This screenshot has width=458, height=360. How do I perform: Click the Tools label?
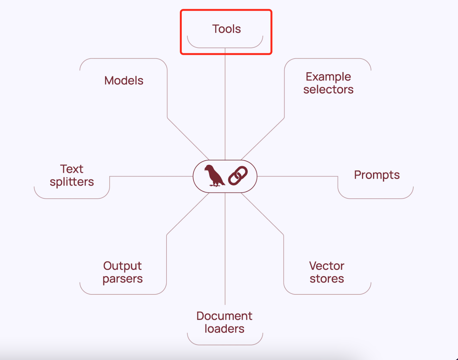[226, 29]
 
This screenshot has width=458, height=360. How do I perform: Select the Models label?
[124, 80]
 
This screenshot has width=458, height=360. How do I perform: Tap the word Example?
[328, 77]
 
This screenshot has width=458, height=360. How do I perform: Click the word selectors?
[328, 90]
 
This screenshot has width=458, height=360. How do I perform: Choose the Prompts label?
[377, 175]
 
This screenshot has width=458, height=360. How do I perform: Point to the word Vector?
[327, 266]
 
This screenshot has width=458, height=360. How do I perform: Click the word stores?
[327, 279]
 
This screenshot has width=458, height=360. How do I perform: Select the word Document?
[224, 316]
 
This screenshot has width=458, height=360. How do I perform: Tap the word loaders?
[224, 329]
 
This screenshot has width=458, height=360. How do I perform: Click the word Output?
[122, 266]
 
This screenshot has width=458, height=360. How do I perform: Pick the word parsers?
[122, 279]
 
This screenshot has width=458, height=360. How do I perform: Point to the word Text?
[72, 169]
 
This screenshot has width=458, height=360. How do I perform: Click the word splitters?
[72, 182]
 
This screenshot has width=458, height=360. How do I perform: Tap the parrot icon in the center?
[214, 176]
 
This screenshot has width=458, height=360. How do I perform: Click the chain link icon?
[238, 176]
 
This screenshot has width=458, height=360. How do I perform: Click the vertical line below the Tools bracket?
[225, 105]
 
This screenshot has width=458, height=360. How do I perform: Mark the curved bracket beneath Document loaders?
[225, 344]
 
